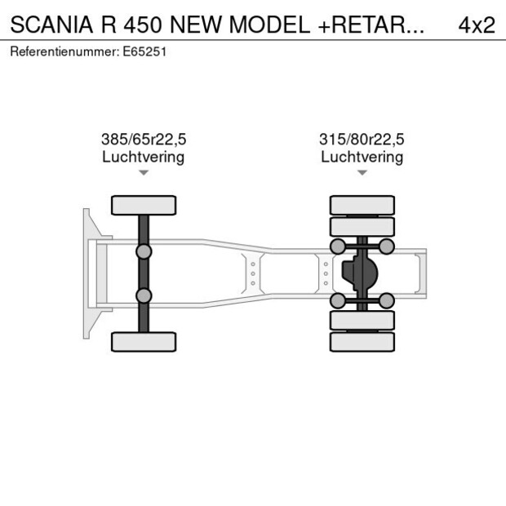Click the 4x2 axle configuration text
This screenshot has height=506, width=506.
click(476, 24)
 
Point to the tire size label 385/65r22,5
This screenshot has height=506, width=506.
click(144, 140)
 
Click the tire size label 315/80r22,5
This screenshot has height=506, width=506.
click(362, 140)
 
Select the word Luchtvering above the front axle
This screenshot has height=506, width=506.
click(144, 157)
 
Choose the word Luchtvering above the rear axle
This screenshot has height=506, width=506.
click(362, 157)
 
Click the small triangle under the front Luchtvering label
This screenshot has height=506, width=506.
click(144, 173)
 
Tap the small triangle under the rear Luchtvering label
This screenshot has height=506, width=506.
click(362, 173)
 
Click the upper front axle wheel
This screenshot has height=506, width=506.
click(144, 205)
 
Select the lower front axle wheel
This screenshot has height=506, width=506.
click(144, 342)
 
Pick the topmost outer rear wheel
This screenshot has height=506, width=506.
click(362, 205)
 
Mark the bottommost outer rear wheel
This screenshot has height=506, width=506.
click(362, 342)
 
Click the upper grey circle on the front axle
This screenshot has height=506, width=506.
click(144, 251)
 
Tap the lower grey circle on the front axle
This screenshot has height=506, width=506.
click(144, 295)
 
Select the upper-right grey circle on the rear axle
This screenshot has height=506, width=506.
click(387, 246)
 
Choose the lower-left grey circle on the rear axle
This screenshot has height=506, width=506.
click(336, 301)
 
